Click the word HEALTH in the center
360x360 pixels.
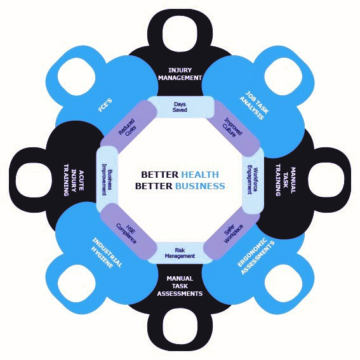[x=200, y=175]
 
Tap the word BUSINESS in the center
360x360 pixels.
[x=200, y=186]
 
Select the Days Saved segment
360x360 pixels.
[x=181, y=107]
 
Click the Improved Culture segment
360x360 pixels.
[x=233, y=128]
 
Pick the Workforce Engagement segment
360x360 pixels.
[x=253, y=181]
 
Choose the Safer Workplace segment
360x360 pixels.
[x=232, y=234]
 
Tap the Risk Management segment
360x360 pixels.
[x=180, y=253]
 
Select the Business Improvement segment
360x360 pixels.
[x=107, y=180]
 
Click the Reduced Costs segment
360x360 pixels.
[x=128, y=127]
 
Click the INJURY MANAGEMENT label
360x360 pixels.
[x=180, y=74]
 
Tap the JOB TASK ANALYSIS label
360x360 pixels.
[x=254, y=105]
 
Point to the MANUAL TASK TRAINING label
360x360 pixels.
[x=286, y=180]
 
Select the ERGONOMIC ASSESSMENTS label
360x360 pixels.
[x=256, y=256]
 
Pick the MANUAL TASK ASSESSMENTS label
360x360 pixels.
[x=180, y=286]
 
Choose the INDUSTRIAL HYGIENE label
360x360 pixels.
[x=106, y=253]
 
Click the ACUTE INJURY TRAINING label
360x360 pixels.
[x=74, y=180]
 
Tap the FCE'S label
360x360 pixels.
[x=105, y=105]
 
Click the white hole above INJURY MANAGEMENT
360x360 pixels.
[x=180, y=33]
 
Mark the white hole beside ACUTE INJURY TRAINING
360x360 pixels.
[x=34, y=180]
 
